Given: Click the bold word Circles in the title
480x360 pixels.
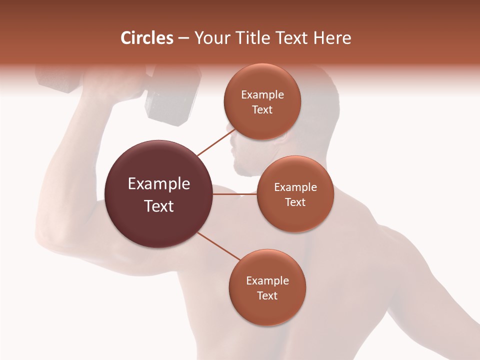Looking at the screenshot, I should pyautogui.click(x=147, y=38).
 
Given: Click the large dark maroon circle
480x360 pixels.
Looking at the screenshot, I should pyautogui.click(x=158, y=194).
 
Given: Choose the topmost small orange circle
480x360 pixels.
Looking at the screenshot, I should pyautogui.click(x=262, y=101).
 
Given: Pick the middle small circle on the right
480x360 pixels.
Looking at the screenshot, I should pyautogui.click(x=295, y=194).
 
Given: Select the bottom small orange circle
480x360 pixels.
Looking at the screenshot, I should pyautogui.click(x=267, y=287).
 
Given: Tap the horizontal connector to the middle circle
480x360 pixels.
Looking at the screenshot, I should pyautogui.click(x=234, y=194).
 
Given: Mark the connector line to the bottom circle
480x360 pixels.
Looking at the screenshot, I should pyautogui.click(x=219, y=246).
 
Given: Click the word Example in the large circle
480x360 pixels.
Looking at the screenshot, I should pyautogui.click(x=158, y=184).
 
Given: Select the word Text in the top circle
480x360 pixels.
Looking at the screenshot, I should pyautogui.click(x=262, y=109).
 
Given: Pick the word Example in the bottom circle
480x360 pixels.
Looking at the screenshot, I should pyautogui.click(x=267, y=280).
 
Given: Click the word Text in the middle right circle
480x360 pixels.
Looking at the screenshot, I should pyautogui.click(x=295, y=202).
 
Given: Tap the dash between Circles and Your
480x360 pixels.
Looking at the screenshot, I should pyautogui.click(x=183, y=38).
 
